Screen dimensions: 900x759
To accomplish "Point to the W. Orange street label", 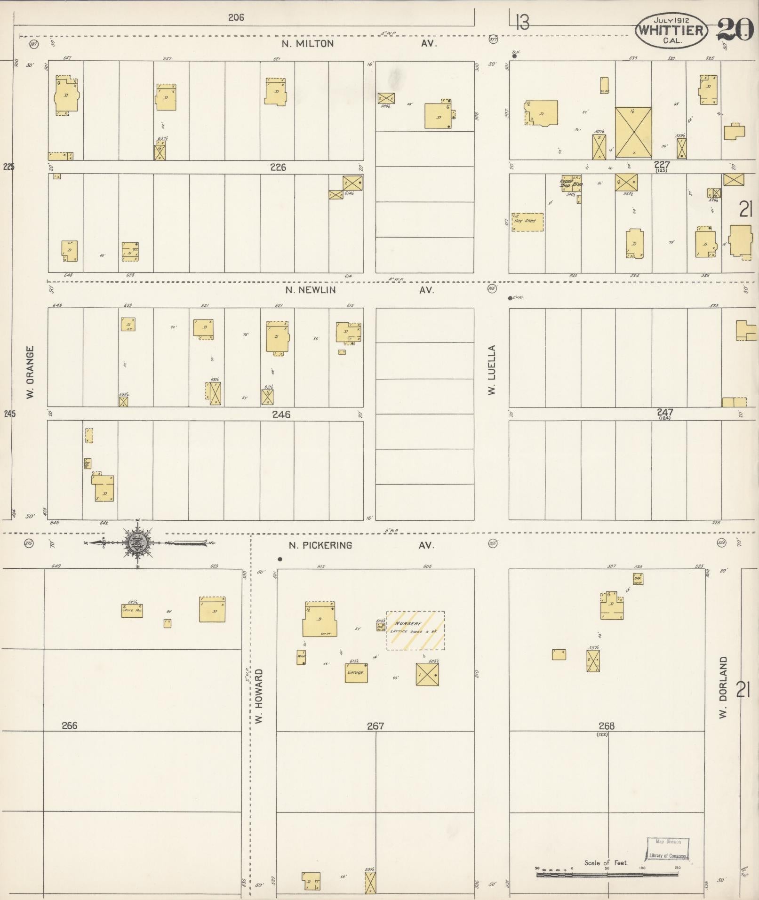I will pyautogui.click(x=31, y=373).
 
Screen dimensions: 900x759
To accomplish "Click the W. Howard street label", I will pyautogui.click(x=259, y=696).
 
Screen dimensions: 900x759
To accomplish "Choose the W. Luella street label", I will pyautogui.click(x=492, y=370).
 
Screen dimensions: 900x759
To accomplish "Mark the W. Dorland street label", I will pyautogui.click(x=723, y=687).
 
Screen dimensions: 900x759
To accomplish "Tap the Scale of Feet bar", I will pyautogui.click(x=607, y=875).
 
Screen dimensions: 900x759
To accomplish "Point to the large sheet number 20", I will pyautogui.click(x=735, y=30).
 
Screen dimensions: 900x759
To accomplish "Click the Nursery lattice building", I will pyautogui.click(x=415, y=630).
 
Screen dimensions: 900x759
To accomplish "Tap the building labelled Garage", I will pyautogui.click(x=356, y=673).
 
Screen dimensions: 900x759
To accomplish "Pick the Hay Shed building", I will pyautogui.click(x=527, y=222).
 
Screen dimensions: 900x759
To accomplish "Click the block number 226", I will pyautogui.click(x=278, y=167).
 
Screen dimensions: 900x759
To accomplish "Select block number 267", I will pyautogui.click(x=375, y=726).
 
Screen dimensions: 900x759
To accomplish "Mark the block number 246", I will pyautogui.click(x=281, y=414).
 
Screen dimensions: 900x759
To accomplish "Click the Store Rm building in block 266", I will pyautogui.click(x=132, y=611).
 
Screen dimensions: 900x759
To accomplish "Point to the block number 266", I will pyautogui.click(x=69, y=725).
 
